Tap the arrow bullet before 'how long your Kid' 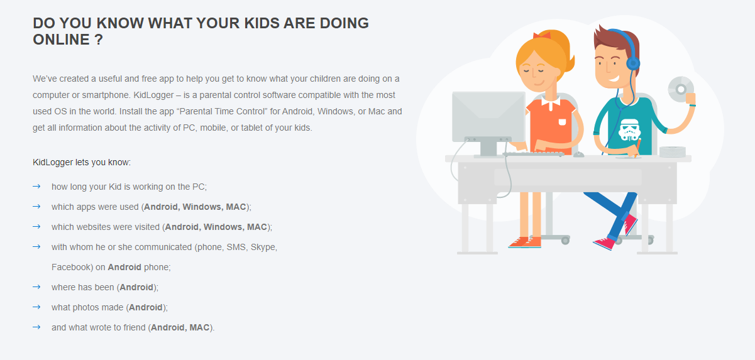click(36, 187)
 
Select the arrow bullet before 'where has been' click(36, 287)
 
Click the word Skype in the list click(264, 247)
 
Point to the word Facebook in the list click(72, 267)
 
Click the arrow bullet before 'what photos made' click(36, 307)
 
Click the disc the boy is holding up click(680, 89)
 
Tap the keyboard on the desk click(533, 153)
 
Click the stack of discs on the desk click(673, 151)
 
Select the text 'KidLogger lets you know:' click(82, 162)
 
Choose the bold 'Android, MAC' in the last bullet click(180, 327)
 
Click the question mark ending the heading click(99, 40)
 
